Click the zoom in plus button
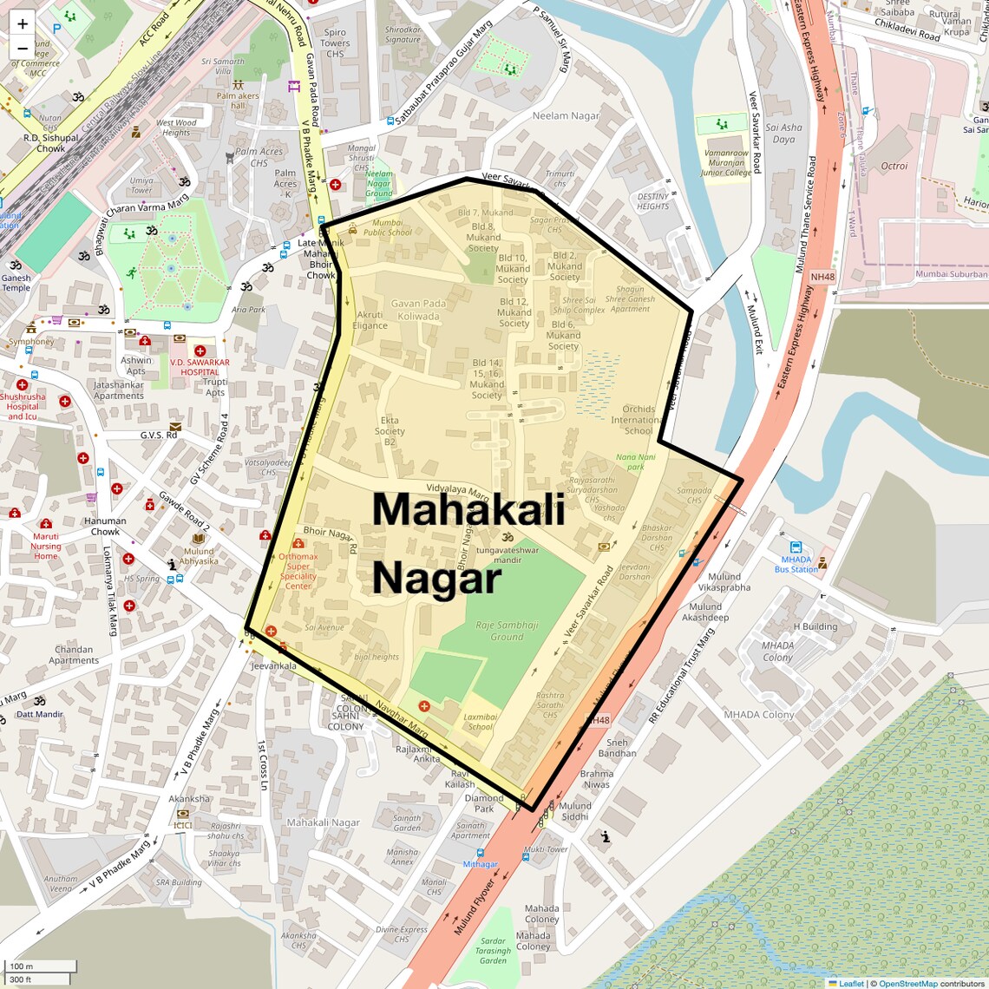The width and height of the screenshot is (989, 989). click(23, 23)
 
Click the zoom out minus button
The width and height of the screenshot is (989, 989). click(23, 49)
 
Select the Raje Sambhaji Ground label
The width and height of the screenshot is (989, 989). click(507, 631)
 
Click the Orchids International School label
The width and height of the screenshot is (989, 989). click(639, 420)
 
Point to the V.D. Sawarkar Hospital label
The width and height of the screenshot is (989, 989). click(200, 367)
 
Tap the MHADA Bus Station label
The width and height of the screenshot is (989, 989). click(796, 565)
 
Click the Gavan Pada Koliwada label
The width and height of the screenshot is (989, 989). click(418, 310)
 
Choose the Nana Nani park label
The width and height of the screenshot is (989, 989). click(636, 462)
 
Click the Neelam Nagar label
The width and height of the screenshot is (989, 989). click(566, 115)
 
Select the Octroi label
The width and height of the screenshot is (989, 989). click(894, 166)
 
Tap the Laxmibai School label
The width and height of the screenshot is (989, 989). click(480, 722)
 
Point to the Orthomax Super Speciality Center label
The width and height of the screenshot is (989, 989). click(298, 571)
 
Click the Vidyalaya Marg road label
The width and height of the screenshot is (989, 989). click(458, 490)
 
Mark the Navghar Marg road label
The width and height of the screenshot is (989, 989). click(402, 718)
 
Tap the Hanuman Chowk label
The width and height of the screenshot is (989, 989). click(105, 526)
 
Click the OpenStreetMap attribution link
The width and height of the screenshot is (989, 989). click(907, 983)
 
